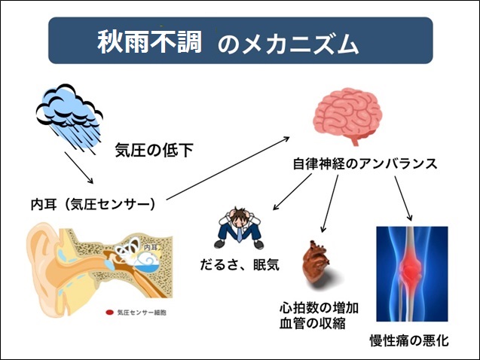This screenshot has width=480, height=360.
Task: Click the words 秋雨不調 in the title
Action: (x=149, y=41)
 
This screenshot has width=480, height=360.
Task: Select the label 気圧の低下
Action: (x=154, y=150)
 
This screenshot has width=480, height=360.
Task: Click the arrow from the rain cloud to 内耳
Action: (x=79, y=168)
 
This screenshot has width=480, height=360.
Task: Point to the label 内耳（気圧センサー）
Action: (x=93, y=204)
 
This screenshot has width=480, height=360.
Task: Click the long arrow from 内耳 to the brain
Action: (x=228, y=168)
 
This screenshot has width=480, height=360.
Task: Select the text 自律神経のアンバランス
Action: (x=365, y=163)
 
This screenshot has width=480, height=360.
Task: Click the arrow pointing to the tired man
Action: (x=292, y=192)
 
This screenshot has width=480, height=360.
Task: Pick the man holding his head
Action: (x=239, y=228)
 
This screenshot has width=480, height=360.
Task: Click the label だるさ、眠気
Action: (x=240, y=265)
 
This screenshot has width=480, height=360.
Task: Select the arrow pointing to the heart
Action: (x=330, y=203)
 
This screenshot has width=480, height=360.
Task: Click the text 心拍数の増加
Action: (x=319, y=308)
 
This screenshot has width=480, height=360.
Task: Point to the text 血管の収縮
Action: (x=312, y=323)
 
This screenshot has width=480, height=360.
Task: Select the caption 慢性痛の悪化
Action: (x=409, y=340)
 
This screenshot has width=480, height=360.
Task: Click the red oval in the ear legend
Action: (x=109, y=313)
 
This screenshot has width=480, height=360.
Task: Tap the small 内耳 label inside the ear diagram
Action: (x=150, y=248)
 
